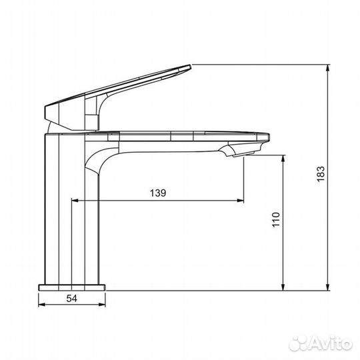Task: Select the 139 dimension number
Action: coord(157,193)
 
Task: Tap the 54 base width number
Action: coord(73,299)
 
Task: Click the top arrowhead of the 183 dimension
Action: coord(328,68)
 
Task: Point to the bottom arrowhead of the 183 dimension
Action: coord(328,287)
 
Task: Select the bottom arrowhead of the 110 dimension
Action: coord(285,287)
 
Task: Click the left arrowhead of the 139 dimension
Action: coord(74,199)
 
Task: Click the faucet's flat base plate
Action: coord(72,287)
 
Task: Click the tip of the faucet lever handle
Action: coord(189,66)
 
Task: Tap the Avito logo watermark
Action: coord(323,343)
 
